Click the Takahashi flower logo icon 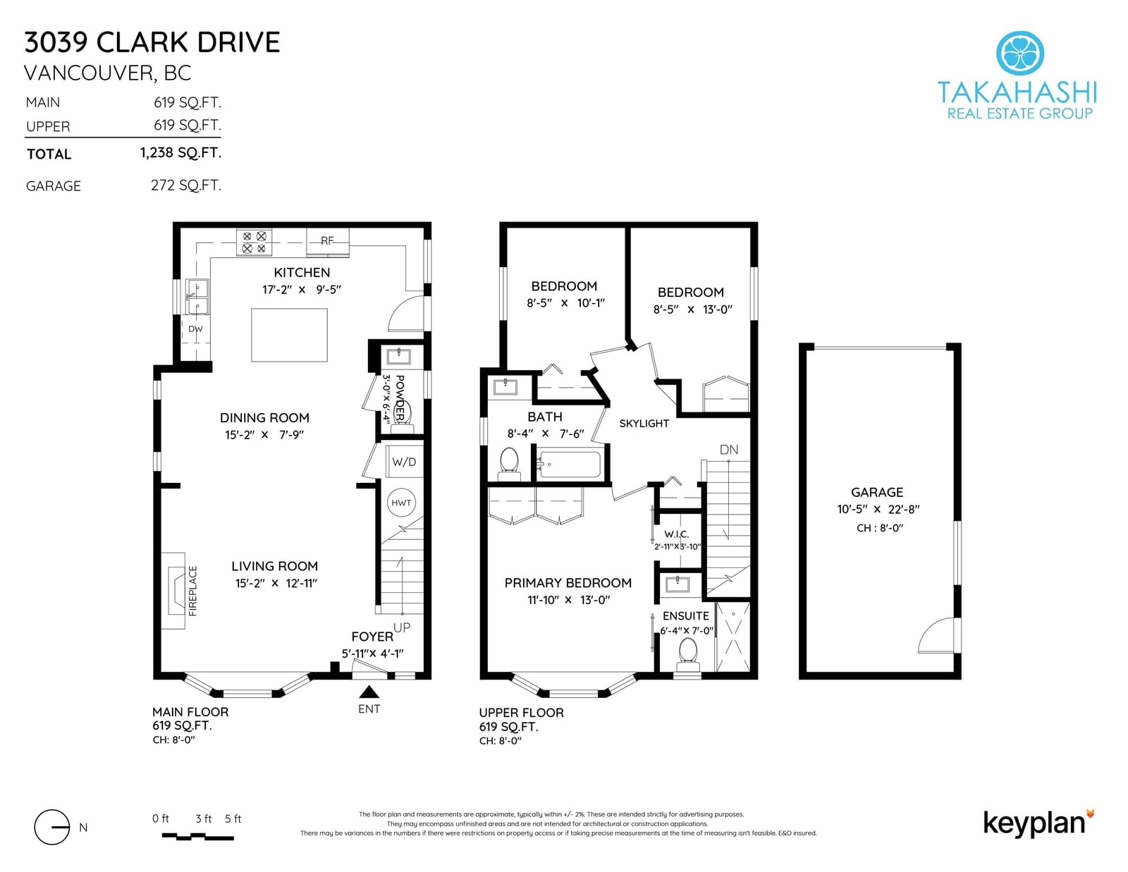click(x=1019, y=53)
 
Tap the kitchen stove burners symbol click(x=255, y=242)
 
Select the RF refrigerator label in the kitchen click(x=327, y=241)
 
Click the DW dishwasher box click(x=196, y=329)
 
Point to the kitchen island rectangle click(x=289, y=335)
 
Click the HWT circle click(x=401, y=503)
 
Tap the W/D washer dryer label click(x=404, y=462)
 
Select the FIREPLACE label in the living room click(x=193, y=591)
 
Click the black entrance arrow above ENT click(x=369, y=692)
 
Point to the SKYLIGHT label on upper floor click(x=644, y=424)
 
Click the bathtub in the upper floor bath click(x=570, y=465)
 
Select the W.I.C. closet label click(x=676, y=534)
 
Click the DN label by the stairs click(x=729, y=450)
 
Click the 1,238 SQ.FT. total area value click(x=180, y=152)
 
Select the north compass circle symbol click(x=52, y=828)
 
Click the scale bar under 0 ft click(x=198, y=836)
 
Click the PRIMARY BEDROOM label click(x=568, y=583)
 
